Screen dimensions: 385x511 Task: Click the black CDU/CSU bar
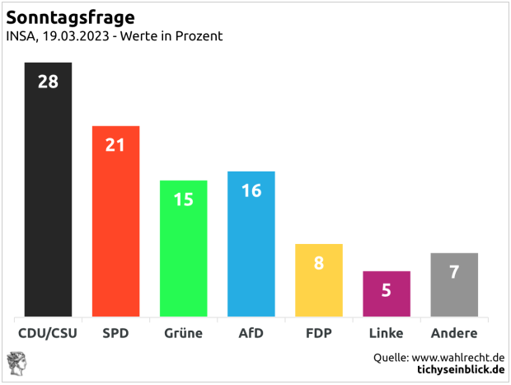click(48, 198)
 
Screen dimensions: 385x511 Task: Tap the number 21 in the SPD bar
click(115, 145)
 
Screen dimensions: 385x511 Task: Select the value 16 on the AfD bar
click(251, 190)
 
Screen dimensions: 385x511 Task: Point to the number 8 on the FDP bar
click(318, 264)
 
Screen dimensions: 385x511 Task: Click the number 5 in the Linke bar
click(386, 290)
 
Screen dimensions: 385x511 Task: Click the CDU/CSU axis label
click(48, 334)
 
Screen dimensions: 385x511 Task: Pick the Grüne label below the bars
click(183, 334)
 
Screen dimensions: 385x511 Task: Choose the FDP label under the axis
click(318, 334)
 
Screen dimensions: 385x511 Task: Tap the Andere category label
click(454, 334)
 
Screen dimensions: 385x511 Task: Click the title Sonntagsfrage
click(71, 17)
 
